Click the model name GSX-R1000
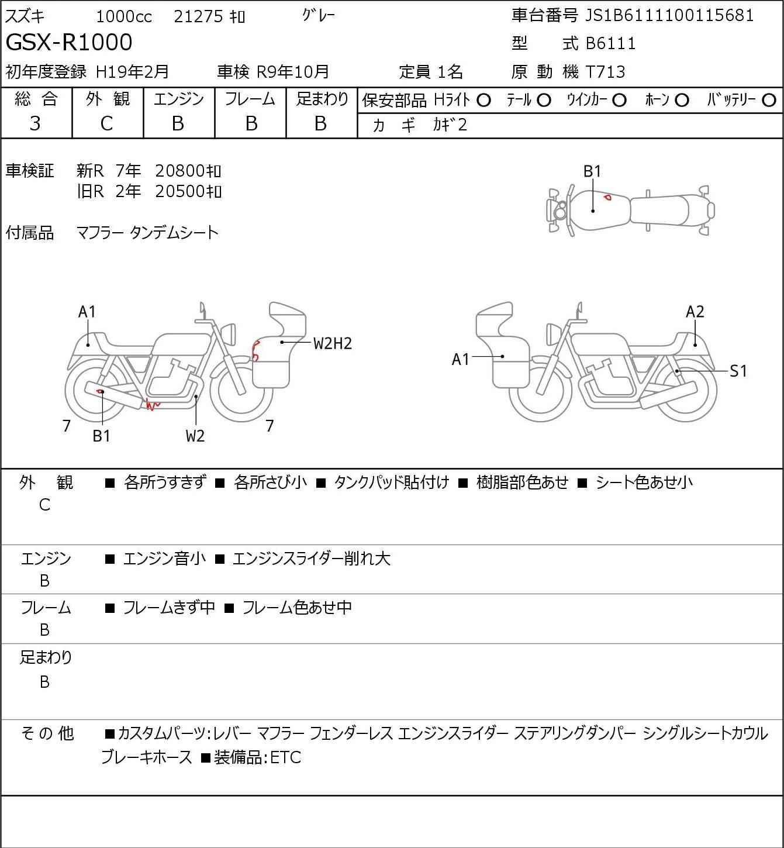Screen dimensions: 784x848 (x=69, y=42)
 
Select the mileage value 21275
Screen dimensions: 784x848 (x=198, y=16)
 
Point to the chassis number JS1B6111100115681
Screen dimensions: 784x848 (x=669, y=15)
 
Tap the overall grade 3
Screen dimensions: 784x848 (x=35, y=124)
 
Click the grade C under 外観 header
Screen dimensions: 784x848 (x=106, y=124)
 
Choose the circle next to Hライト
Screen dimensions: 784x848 (x=483, y=101)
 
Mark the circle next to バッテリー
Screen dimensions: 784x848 (x=769, y=100)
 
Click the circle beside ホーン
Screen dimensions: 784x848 (x=682, y=101)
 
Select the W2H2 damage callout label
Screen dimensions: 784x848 (x=332, y=344)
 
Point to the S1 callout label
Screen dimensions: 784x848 (x=738, y=371)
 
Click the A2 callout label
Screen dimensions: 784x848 (x=695, y=312)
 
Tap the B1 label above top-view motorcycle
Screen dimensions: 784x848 (x=592, y=172)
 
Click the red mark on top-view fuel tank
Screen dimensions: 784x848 (x=607, y=197)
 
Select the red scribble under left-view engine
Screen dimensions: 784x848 (x=153, y=404)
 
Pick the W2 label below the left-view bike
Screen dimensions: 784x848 (x=195, y=436)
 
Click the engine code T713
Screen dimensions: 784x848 (x=606, y=72)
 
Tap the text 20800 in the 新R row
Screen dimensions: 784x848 (x=179, y=171)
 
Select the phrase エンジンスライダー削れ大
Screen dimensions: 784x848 (x=311, y=559)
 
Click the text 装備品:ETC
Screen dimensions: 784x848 (x=257, y=757)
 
